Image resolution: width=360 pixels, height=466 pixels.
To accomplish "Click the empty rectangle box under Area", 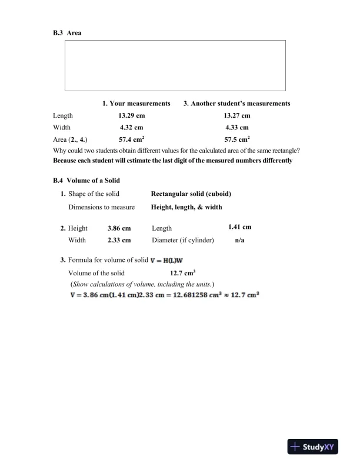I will (x=175, y=65).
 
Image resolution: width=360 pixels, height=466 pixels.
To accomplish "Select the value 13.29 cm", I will (x=132, y=116).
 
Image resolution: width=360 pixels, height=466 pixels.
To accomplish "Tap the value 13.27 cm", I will (x=237, y=116).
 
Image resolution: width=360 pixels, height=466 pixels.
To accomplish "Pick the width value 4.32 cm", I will (x=132, y=127).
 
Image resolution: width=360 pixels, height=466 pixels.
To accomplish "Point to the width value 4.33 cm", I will (x=237, y=127).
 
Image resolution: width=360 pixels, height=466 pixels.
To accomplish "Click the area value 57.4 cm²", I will (x=132, y=140).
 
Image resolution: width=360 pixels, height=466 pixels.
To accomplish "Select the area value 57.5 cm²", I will (x=237, y=140).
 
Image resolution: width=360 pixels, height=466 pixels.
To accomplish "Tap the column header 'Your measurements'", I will (x=136, y=104).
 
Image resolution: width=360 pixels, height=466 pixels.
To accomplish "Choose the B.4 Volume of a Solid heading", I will (x=86, y=180).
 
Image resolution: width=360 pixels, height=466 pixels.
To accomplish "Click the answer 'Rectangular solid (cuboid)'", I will (x=191, y=194).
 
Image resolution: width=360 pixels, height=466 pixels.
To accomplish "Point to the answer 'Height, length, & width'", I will (x=186, y=207).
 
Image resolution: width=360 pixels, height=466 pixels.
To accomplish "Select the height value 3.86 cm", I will (x=119, y=228).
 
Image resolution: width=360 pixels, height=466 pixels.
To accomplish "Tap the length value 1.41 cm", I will (x=240, y=227).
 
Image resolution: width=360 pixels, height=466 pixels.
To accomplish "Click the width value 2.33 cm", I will (x=119, y=240).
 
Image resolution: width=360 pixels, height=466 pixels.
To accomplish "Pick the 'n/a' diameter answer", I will (x=240, y=240).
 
